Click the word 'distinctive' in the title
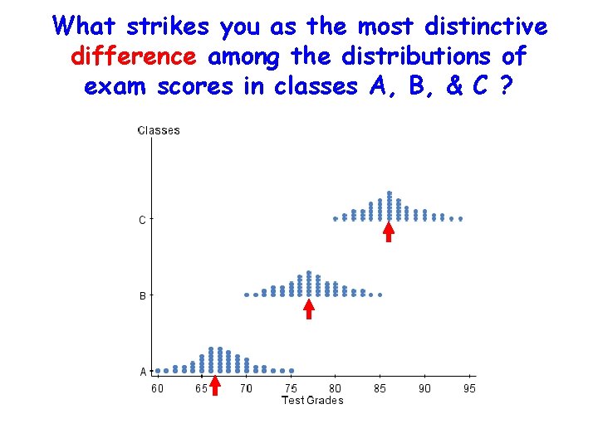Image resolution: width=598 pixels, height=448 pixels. [485, 27]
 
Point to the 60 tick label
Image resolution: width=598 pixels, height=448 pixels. [157, 388]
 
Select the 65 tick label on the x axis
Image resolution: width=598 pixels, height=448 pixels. [201, 388]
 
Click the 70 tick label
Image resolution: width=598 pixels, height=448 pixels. [246, 388]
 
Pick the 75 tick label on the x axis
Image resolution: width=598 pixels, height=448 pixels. [291, 388]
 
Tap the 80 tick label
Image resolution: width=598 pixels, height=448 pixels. [335, 388]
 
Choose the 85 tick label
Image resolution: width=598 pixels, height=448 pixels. [380, 388]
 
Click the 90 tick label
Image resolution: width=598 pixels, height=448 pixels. [424, 388]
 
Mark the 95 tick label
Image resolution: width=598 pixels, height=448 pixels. [469, 388]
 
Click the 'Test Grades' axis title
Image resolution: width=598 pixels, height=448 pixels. [312, 400]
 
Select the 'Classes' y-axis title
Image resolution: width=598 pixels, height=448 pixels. [159, 130]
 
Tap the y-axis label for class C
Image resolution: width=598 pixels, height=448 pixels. [142, 220]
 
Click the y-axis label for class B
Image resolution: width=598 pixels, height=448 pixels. [142, 295]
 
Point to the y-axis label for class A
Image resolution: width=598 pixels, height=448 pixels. [143, 372]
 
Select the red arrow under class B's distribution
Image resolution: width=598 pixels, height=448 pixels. [309, 309]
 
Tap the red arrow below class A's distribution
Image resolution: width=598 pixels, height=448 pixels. [214, 386]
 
